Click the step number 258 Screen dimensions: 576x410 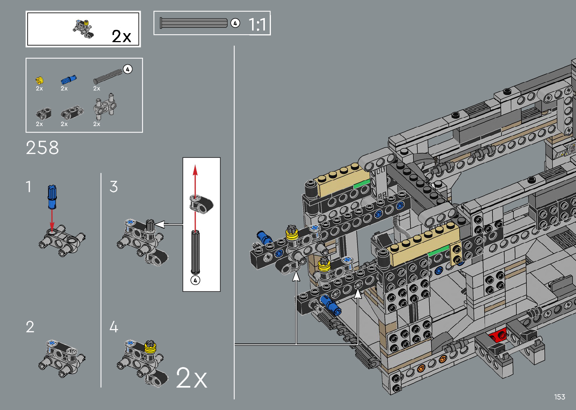pos(42,148)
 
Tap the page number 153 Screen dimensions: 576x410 pos(559,397)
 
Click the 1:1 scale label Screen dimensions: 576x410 pos(257,25)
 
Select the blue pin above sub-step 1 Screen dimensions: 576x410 pos(52,197)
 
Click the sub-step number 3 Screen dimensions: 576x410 pos(114,186)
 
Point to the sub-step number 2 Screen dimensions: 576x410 pos(30,327)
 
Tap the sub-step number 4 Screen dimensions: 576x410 pos(114,327)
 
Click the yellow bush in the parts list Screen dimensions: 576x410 pos(40,80)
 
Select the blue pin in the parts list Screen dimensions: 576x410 pos(68,79)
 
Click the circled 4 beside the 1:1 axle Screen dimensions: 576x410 pos(235,23)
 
